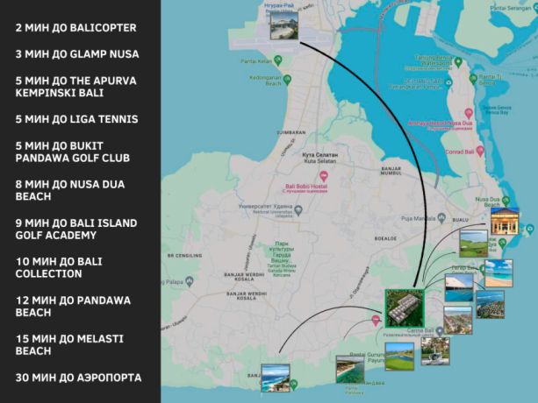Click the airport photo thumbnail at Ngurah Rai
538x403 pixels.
point(283,25)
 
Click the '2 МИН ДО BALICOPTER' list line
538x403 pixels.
point(88,28)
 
